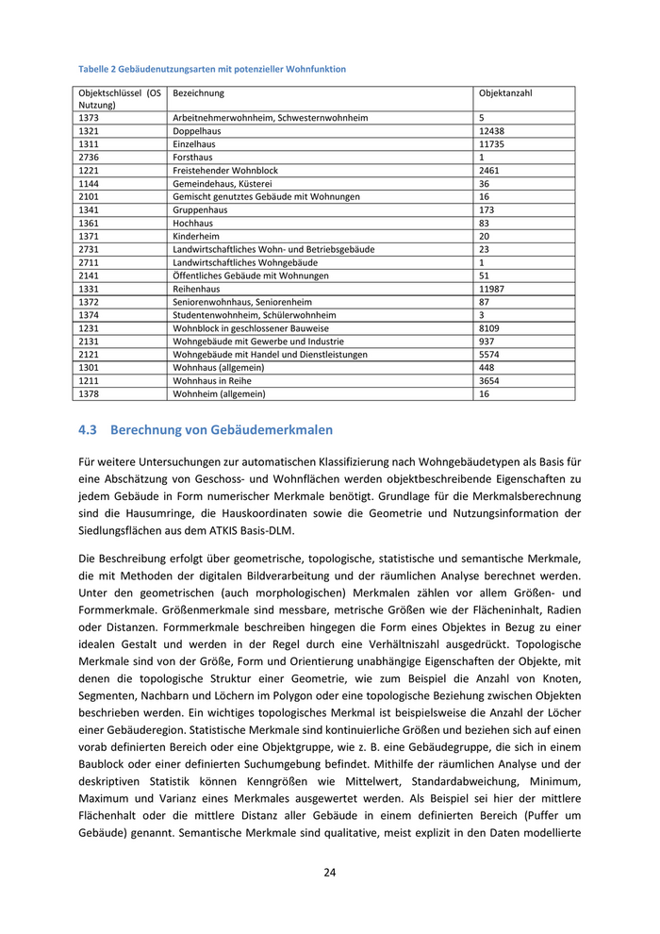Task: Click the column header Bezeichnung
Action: click(x=199, y=93)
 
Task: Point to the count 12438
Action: click(x=492, y=131)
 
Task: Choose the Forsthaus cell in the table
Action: click(x=193, y=158)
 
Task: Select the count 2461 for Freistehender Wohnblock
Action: click(x=489, y=171)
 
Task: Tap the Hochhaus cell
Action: click(x=193, y=224)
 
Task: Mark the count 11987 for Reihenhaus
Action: click(x=492, y=289)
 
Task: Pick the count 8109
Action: click(x=489, y=328)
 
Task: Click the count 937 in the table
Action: click(x=487, y=342)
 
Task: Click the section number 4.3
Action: click(x=88, y=430)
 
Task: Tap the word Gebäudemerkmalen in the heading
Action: click(x=276, y=430)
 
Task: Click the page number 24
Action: click(x=330, y=873)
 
